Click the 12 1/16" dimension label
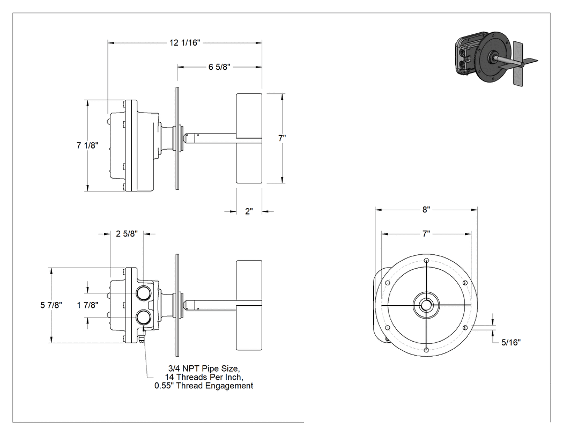click(184, 43)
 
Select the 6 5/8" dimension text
click(219, 67)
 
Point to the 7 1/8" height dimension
click(87, 145)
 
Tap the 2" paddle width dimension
click(249, 211)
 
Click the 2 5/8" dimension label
click(127, 234)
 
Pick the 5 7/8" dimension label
click(51, 305)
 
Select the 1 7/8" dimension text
click(87, 305)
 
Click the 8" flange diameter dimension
click(426, 209)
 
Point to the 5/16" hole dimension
click(511, 342)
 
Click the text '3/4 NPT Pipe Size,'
click(204, 368)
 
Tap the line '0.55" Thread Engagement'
click(204, 386)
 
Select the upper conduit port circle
click(144, 293)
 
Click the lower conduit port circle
click(144, 317)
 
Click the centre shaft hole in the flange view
click(426, 305)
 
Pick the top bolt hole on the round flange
click(426, 261)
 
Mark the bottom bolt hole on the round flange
click(426, 350)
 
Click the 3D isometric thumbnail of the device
click(497, 58)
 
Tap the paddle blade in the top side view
click(249, 138)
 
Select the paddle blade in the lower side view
click(249, 305)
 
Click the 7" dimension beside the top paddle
click(282, 138)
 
